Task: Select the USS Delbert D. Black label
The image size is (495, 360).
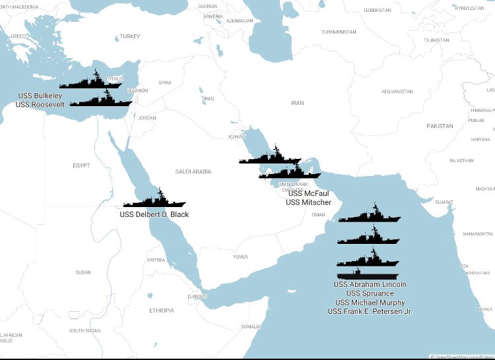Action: (x=154, y=214)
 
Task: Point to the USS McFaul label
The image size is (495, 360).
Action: (x=308, y=193)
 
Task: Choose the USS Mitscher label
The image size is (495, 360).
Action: (x=308, y=202)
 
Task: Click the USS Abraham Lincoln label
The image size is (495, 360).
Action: (x=370, y=285)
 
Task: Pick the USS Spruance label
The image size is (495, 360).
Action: (x=370, y=293)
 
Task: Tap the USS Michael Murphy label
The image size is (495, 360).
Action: (x=370, y=303)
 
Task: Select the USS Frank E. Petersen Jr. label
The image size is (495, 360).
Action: (x=370, y=311)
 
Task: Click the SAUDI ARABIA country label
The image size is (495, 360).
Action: (x=193, y=171)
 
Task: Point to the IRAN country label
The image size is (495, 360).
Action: (x=298, y=103)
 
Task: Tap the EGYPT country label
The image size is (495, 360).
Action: (x=81, y=165)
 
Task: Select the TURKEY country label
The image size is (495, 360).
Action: (x=130, y=36)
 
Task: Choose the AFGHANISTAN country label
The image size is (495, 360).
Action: (x=397, y=92)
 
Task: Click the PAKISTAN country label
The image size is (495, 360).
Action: (x=440, y=125)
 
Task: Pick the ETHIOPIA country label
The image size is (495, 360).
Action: (x=161, y=310)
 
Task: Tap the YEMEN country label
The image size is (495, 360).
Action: (x=240, y=256)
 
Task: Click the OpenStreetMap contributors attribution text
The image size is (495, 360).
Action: (x=462, y=357)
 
